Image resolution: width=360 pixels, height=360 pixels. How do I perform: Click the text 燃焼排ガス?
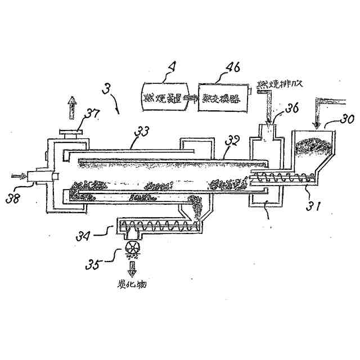(x=281, y=84)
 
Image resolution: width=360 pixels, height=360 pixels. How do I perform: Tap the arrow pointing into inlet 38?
(x=19, y=177)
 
